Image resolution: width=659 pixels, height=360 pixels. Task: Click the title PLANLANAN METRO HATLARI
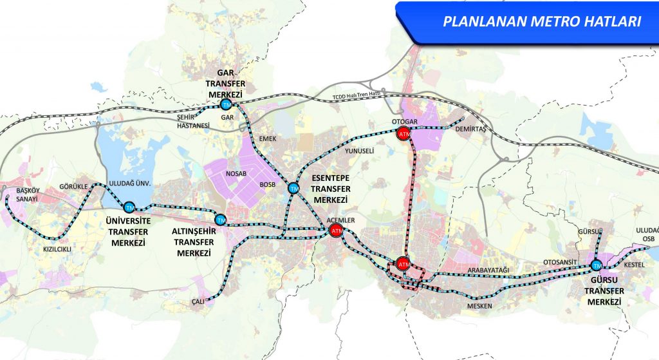click(541, 21)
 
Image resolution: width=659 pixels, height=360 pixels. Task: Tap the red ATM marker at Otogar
click(404, 134)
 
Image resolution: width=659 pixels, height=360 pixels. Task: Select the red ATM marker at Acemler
click(335, 231)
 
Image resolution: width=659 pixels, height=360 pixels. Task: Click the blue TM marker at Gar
click(226, 104)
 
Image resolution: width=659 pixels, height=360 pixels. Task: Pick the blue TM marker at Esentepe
click(294, 188)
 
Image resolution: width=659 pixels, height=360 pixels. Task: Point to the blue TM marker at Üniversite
click(130, 207)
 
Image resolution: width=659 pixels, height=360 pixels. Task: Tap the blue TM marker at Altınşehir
click(221, 220)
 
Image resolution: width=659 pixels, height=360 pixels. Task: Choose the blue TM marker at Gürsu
click(596, 265)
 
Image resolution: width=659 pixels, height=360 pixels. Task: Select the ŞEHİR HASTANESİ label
click(193, 122)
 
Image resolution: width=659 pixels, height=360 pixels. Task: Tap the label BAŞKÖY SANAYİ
click(19, 195)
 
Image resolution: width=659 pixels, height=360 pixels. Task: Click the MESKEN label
click(480, 306)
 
